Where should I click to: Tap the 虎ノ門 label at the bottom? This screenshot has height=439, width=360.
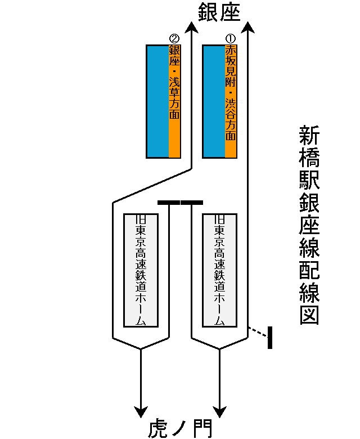coord(180,428)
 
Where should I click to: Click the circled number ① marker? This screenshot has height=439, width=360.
coord(230,39)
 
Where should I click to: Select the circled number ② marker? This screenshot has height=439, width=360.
coord(174,39)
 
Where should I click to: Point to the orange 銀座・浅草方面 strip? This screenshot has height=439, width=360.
coord(174,101)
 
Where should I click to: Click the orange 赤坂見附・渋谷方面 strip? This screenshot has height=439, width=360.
coord(231,101)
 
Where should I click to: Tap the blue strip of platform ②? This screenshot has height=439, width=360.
coord(157,101)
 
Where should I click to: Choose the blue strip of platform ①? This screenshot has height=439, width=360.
coord(214,101)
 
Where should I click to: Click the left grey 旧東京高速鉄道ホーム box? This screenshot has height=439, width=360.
coord(141,270)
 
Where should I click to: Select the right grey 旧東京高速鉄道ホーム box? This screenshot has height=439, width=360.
coord(219,270)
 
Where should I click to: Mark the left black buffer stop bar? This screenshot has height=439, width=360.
coord(169,202)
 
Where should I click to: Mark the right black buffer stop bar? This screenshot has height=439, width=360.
coord(192,202)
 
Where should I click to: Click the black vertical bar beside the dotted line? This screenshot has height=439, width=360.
coord(270,337)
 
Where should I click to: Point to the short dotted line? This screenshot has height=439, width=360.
coord(257,332)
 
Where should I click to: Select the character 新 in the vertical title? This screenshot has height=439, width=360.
coord(309,137)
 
